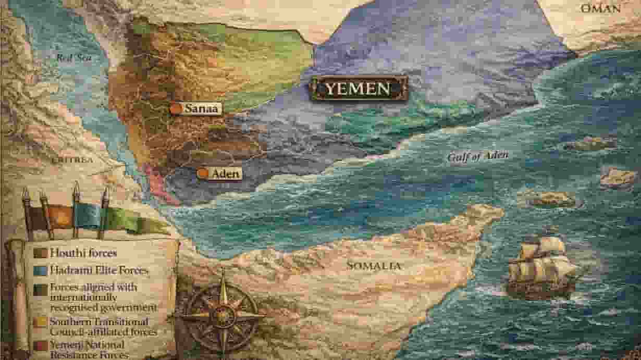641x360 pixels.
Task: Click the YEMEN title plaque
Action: coord(358,88)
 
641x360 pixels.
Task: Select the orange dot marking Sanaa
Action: coord(177,108)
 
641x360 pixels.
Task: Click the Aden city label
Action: coord(225,173)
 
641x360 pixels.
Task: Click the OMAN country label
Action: coord(600,8)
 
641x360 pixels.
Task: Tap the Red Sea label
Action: coord(74,57)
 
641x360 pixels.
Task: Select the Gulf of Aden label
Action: coord(478,156)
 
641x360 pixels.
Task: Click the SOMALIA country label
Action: coord(374,266)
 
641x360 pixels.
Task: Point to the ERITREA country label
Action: coord(72,159)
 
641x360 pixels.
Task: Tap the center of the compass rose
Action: coord(223,315)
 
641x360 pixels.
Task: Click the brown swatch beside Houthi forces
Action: coord(40,254)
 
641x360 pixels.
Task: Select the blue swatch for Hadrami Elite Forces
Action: coord(40,271)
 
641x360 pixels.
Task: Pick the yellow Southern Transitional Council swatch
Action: coord(40,323)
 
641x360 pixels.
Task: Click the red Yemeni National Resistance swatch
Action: coord(40,345)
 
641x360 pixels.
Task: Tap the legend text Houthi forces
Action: coord(83,254)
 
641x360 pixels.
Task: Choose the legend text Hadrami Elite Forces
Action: coord(99,270)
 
